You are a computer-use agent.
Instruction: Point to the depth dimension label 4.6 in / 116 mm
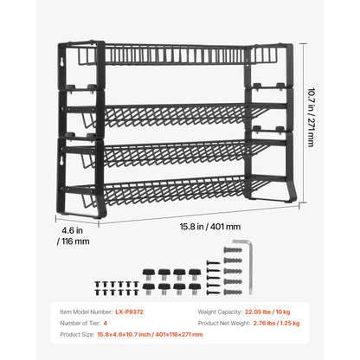pos(75,236)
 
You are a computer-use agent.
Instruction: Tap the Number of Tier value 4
pos(118,322)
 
